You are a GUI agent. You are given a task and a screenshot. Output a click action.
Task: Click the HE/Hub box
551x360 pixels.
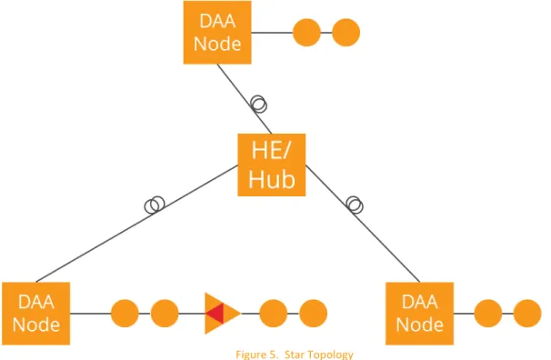[271, 165]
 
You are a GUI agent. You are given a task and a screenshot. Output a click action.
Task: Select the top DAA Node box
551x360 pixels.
[217, 33]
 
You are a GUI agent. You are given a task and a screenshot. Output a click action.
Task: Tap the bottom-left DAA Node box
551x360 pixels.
[35, 314]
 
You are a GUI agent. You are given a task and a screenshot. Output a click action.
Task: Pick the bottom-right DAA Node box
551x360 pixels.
[419, 314]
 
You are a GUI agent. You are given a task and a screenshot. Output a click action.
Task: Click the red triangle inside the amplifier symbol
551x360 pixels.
[215, 314]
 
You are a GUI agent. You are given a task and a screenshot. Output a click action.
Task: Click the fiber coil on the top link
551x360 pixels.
[259, 105]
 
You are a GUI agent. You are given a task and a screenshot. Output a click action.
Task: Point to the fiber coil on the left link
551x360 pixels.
[155, 205]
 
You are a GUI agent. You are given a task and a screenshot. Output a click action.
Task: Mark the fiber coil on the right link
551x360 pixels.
[355, 205]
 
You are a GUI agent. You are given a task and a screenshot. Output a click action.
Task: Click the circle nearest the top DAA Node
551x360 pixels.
[306, 33]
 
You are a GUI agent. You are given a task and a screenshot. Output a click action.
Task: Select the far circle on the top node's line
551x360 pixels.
[346, 33]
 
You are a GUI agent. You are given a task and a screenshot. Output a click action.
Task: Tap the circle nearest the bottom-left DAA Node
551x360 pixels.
[125, 314]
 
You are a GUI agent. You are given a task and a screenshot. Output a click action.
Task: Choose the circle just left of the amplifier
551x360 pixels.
[165, 314]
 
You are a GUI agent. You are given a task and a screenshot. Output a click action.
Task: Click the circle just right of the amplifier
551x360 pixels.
[274, 314]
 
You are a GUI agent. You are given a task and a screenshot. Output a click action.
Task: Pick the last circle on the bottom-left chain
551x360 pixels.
[313, 314]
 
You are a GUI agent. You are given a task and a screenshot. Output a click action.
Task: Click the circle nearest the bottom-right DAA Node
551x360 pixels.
[488, 314]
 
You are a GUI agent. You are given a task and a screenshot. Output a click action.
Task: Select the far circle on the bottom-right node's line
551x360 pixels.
[527, 314]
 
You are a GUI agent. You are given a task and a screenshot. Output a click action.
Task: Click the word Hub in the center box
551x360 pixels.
[272, 179]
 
